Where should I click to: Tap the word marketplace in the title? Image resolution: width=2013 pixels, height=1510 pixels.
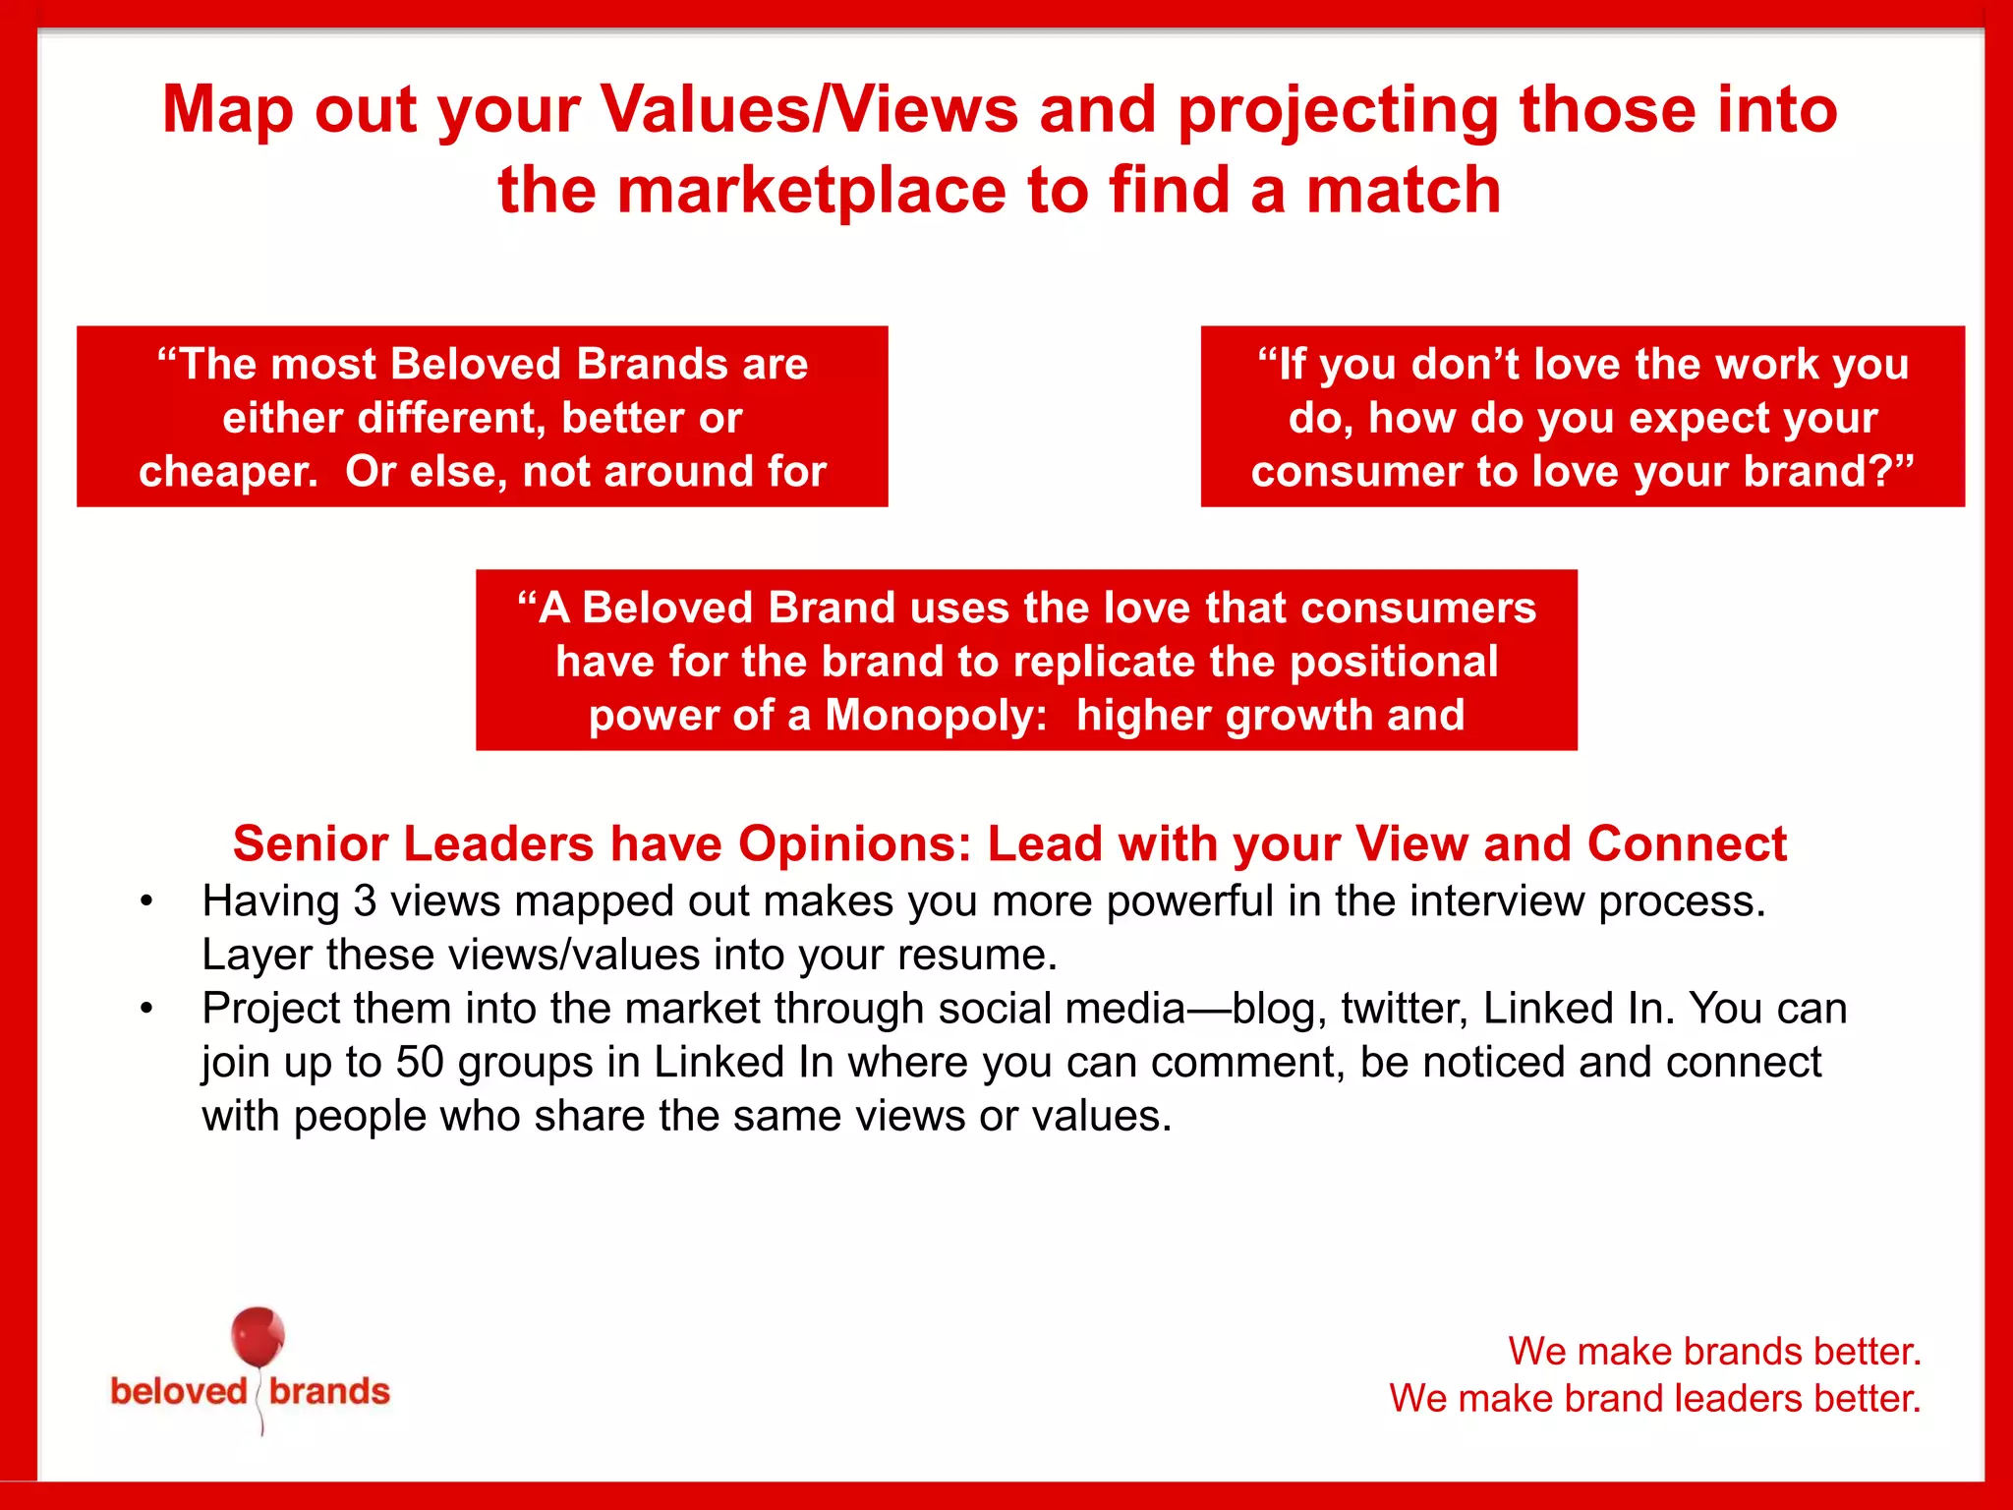(x=811, y=190)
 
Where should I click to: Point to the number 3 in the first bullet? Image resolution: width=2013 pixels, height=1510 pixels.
(x=365, y=901)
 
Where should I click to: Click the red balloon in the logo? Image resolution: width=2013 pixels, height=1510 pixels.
(x=258, y=1337)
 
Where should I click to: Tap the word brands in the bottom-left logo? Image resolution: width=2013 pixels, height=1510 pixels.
(x=329, y=1392)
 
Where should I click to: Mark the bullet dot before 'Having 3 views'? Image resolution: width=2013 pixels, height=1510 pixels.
(x=146, y=901)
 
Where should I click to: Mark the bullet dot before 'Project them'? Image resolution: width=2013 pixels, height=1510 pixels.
(x=146, y=1009)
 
